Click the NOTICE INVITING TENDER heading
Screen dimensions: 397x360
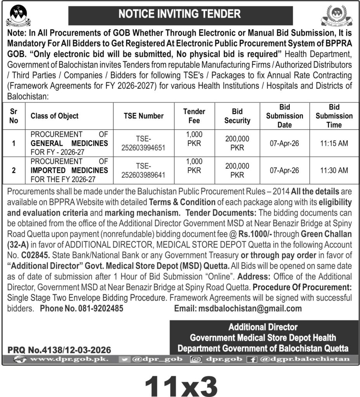click(x=179, y=14)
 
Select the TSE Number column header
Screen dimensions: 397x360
click(x=144, y=116)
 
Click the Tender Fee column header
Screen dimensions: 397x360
click(x=194, y=116)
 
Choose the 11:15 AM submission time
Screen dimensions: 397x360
click(x=334, y=143)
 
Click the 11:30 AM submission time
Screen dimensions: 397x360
click(x=334, y=170)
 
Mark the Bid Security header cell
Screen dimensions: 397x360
click(x=237, y=116)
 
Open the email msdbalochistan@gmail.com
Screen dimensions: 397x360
click(x=249, y=309)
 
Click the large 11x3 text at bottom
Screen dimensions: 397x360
click(x=180, y=383)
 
